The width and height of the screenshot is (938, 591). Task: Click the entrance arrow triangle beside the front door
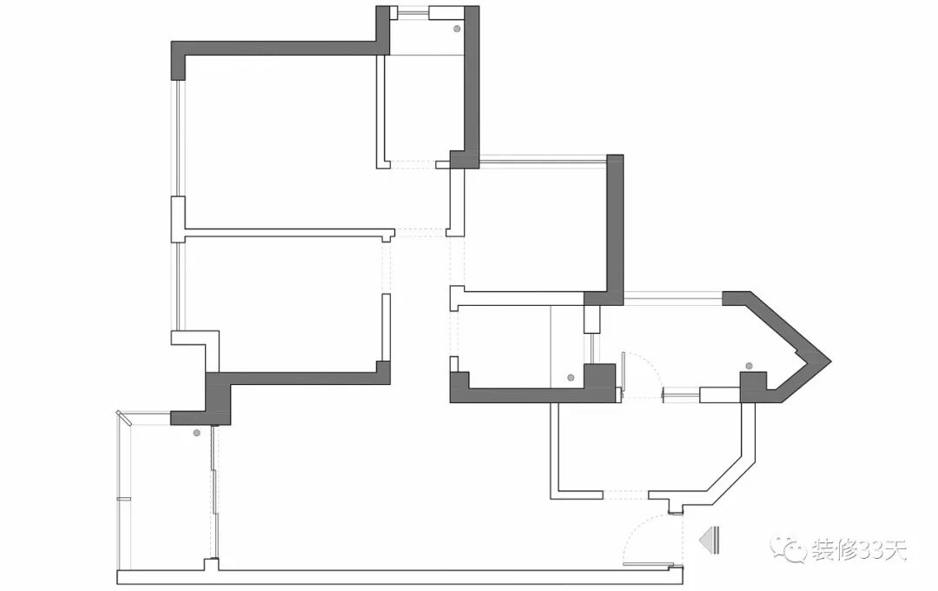[706, 540]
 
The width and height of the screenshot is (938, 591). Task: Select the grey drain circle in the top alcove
[457, 29]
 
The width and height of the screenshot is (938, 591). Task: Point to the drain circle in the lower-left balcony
[197, 432]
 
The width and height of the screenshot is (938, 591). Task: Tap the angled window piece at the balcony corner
[125, 418]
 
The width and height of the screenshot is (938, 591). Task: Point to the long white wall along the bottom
[400, 576]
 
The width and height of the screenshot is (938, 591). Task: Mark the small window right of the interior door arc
[680, 394]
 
